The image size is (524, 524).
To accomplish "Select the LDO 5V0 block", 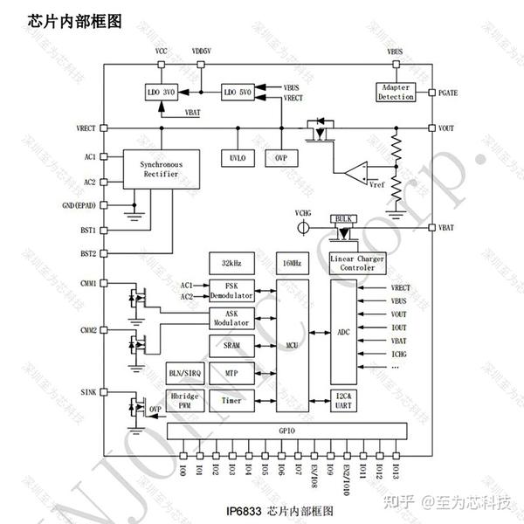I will [237, 92].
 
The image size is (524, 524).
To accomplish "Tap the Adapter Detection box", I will [396, 92].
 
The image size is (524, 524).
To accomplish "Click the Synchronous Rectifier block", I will [161, 169].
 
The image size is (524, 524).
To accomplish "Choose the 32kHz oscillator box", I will [231, 263].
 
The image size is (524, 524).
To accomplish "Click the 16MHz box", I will [292, 263].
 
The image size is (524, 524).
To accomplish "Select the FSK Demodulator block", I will [231, 290].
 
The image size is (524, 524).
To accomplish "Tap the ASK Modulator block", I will [231, 317].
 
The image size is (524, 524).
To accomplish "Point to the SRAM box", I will [231, 345].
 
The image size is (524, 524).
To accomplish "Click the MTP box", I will [231, 373].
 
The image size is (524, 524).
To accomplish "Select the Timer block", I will [231, 400].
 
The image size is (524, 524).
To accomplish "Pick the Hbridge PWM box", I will [185, 400].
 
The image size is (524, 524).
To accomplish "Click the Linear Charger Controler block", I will [357, 263].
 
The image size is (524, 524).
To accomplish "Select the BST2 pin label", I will [86, 253].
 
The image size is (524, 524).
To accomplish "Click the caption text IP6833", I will [244, 510].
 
